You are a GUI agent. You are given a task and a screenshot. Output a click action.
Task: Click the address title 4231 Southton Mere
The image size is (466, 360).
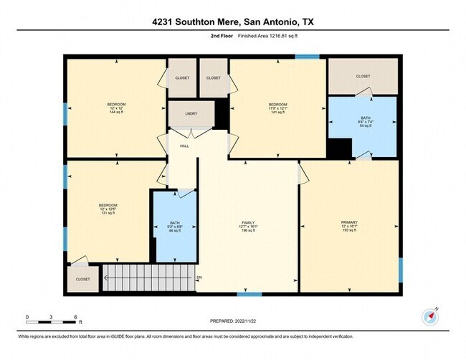[232, 22]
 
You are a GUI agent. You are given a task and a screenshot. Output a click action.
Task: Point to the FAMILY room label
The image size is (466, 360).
[247, 226]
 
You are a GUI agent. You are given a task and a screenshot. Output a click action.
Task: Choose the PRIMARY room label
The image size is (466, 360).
[349, 226]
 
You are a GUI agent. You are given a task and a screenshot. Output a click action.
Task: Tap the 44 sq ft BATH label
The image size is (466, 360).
[175, 226]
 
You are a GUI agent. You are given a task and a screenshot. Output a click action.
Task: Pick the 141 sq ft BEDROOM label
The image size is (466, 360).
[277, 108]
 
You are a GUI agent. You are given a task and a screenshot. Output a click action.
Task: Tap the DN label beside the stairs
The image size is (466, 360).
[199, 277]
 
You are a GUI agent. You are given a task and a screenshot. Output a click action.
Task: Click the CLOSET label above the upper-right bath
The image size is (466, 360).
[363, 76]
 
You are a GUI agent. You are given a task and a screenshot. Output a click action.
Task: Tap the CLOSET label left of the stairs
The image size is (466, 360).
[83, 279]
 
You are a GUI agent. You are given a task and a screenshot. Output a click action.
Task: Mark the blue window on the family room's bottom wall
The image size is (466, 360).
[249, 293]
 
